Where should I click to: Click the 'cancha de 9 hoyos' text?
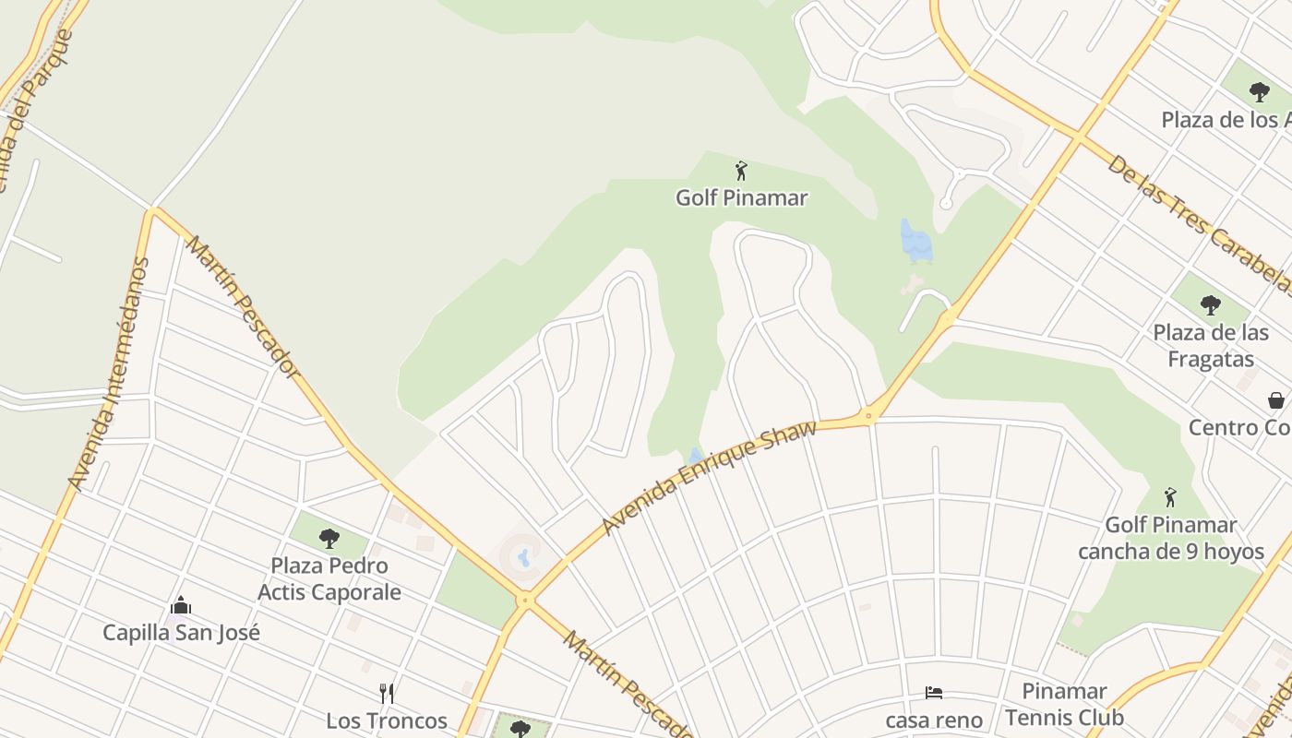click(1171, 552)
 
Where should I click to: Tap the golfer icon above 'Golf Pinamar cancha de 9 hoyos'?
click(1170, 497)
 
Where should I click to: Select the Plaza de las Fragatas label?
click(1210, 346)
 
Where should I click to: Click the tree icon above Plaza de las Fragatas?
click(1210, 304)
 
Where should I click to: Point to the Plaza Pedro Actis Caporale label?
click(329, 578)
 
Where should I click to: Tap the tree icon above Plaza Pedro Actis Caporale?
click(329, 539)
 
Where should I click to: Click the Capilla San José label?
click(181, 633)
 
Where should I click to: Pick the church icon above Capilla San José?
click(181, 606)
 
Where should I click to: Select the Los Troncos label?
click(387, 720)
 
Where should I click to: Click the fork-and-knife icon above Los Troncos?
click(387, 694)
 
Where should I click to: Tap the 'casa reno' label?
click(934, 720)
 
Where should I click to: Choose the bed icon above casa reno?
click(934, 693)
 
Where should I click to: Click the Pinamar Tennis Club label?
click(1064, 704)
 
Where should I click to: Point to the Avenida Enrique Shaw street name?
click(709, 478)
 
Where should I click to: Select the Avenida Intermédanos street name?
click(109, 374)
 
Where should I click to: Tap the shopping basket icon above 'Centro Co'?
click(1276, 400)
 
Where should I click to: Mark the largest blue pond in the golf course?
click(915, 242)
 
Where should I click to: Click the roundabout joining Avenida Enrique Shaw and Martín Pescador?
click(526, 601)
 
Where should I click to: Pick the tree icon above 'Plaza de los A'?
click(1259, 91)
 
